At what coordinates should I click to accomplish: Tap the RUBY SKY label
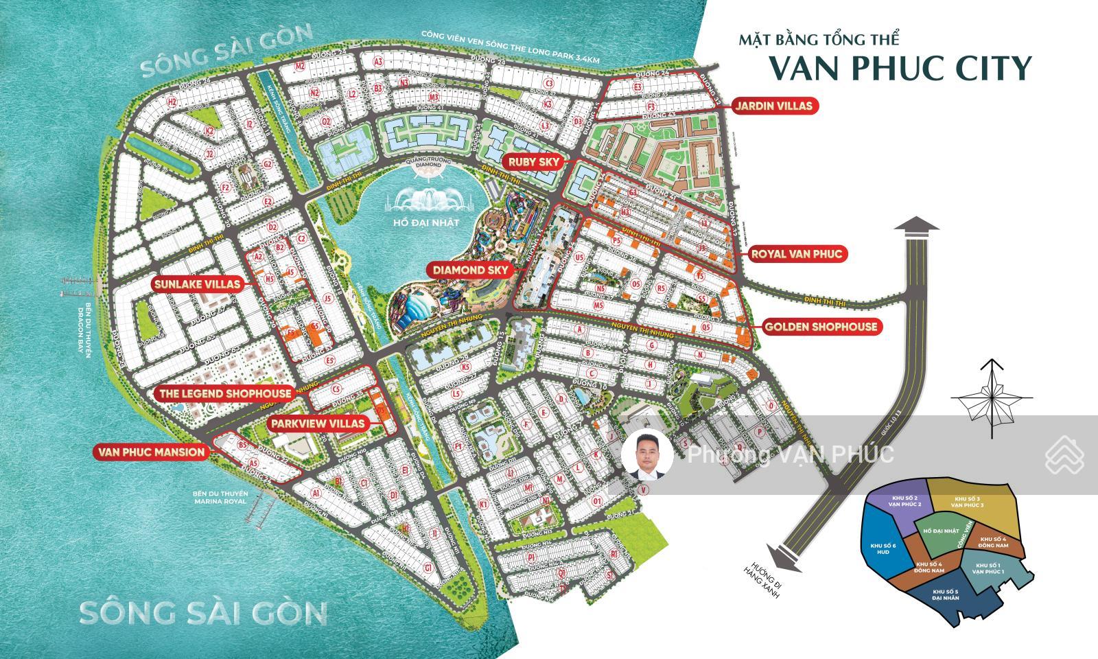pos(535,162)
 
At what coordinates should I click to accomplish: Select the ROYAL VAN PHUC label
pos(796,254)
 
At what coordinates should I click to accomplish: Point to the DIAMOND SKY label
pos(470,270)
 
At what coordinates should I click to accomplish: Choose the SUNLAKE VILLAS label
pos(197,283)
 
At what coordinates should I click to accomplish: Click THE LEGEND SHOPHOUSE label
pos(226,393)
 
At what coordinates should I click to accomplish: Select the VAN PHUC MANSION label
pos(152,452)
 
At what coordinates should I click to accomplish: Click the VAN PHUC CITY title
pos(900,67)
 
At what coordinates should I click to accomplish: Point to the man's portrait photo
pos(647,454)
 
